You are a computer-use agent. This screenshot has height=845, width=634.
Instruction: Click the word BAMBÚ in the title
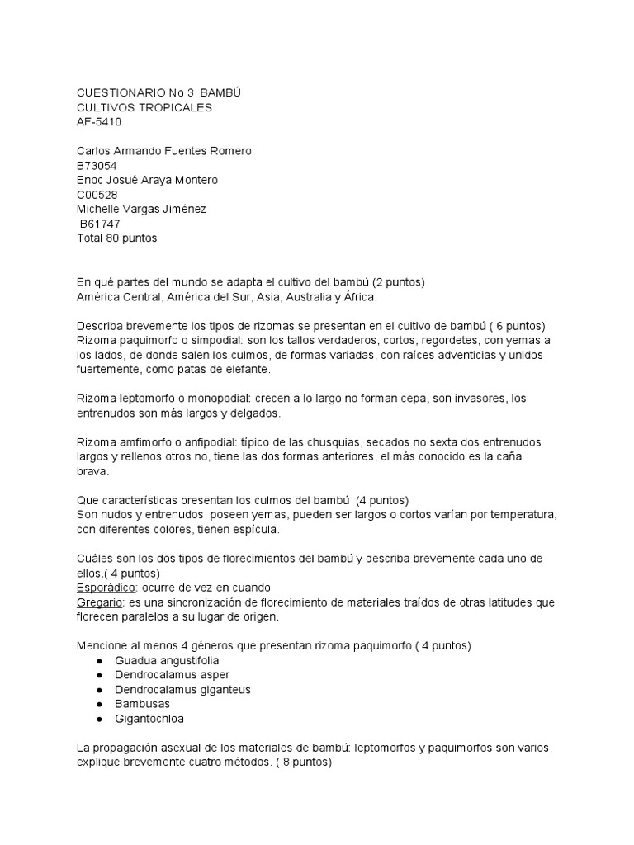click(220, 93)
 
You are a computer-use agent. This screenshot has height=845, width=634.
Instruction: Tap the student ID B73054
click(97, 166)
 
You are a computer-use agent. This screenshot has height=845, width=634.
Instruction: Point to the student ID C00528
click(97, 195)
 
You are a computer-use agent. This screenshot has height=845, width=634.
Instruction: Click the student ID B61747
click(101, 224)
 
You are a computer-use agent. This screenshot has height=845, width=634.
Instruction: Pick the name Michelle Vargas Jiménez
click(141, 210)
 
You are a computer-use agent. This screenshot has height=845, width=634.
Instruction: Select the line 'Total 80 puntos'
click(116, 238)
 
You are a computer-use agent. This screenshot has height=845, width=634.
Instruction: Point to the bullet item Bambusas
click(141, 704)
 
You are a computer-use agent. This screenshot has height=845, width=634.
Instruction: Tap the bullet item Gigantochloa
click(149, 719)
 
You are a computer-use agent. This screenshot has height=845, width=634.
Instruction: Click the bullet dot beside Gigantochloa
click(99, 719)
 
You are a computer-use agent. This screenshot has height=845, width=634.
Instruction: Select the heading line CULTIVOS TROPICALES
click(144, 108)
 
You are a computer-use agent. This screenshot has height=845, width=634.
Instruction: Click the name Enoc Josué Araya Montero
click(147, 180)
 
